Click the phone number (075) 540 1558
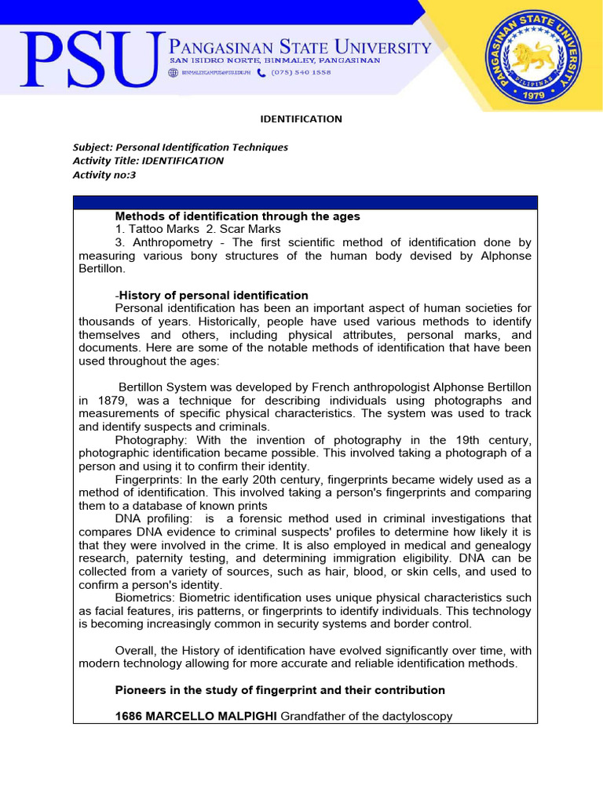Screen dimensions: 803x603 [x=301, y=72]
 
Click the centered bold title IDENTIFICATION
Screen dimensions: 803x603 [x=301, y=119]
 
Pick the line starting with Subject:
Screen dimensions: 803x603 [x=180, y=147]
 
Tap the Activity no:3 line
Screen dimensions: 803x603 [x=104, y=175]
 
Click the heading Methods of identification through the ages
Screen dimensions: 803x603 [x=237, y=216]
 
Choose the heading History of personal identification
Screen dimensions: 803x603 [x=214, y=295]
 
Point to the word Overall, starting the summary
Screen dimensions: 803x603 [x=136, y=650]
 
